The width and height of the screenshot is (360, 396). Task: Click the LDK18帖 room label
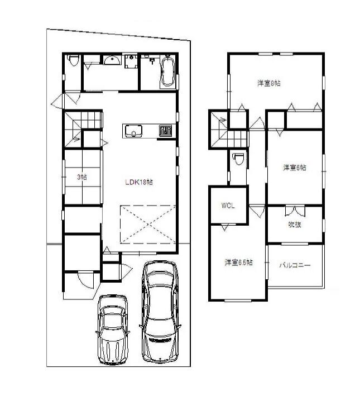tap(138, 182)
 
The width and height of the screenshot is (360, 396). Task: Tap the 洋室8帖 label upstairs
tap(268, 83)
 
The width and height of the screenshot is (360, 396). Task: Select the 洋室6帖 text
tap(294, 168)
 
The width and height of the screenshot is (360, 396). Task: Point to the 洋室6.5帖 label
tap(238, 262)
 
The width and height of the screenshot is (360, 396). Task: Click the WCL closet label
tap(228, 206)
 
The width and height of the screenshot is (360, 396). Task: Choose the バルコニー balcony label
tap(295, 266)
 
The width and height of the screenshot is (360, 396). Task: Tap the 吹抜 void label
tap(294, 225)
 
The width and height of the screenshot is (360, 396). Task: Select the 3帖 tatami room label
tap(81, 177)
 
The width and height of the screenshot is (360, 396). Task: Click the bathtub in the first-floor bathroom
tap(167, 73)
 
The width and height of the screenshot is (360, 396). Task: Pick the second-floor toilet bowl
tap(238, 159)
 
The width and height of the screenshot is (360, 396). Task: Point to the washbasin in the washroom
tap(112, 61)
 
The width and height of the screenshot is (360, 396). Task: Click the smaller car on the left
tap(113, 329)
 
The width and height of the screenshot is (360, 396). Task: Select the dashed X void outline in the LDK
tap(148, 224)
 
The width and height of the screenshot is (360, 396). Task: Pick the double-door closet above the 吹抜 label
tap(295, 211)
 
